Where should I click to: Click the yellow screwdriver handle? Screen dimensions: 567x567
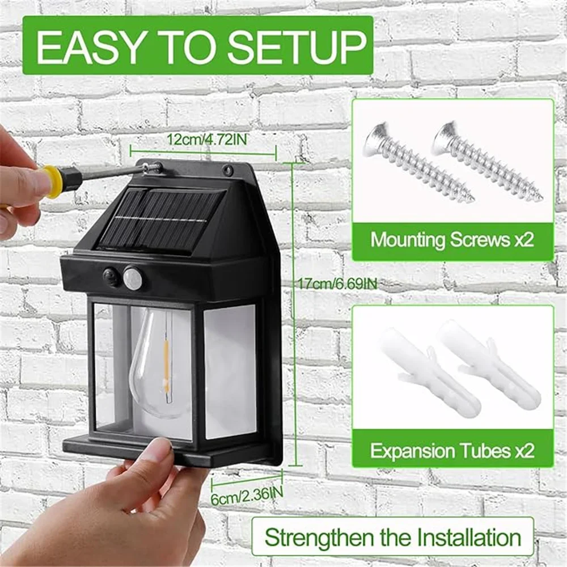(53, 181)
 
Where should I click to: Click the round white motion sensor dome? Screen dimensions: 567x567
(133, 278)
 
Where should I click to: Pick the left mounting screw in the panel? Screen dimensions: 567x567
(417, 162)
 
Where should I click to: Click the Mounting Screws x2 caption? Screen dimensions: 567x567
(452, 239)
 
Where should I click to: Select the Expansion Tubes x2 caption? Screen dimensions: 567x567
(452, 451)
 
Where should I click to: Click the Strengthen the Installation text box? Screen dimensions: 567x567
(392, 536)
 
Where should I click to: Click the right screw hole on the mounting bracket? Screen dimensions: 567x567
(228, 170)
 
